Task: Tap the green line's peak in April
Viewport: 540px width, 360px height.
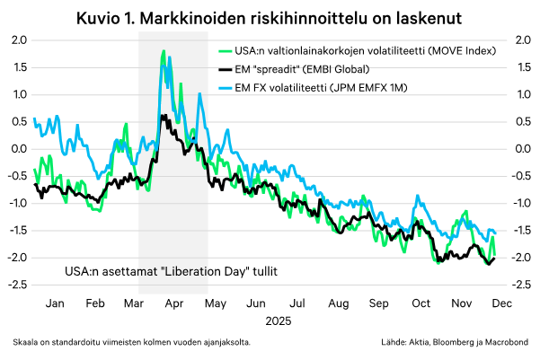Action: coord(163,52)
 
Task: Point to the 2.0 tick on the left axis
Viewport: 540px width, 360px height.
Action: coord(18,40)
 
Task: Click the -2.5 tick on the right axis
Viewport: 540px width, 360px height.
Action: coord(520,285)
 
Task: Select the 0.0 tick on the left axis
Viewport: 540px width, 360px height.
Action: coord(18,148)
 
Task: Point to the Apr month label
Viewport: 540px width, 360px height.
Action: coord(176,303)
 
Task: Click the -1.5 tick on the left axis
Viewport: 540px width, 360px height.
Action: coord(16,230)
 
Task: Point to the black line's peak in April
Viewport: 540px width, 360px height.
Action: coord(163,116)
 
